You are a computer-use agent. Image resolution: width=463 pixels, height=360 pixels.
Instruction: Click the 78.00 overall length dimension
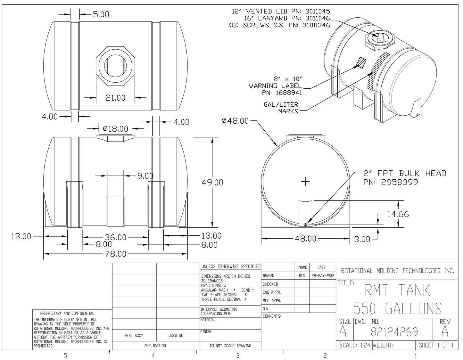coord(116,254)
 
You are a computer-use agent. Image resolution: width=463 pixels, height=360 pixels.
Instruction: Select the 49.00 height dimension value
coord(212,182)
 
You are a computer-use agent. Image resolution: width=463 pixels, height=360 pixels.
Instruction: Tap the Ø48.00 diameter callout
coord(235,121)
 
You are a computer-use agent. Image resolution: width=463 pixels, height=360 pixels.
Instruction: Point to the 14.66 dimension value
coord(398,214)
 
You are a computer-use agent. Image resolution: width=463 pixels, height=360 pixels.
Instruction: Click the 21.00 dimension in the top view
coord(115,98)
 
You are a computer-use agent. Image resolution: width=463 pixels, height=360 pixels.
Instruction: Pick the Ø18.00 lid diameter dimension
coord(115,129)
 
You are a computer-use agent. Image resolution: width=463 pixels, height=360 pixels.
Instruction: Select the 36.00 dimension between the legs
coord(116,237)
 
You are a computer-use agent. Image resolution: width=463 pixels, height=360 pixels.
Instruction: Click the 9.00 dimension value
coord(145,176)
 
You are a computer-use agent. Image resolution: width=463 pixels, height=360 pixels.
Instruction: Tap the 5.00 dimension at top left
coord(101,14)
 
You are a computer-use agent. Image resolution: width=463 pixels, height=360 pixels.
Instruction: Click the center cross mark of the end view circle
coord(306,182)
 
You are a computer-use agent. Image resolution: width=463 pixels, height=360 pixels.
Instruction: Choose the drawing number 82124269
coord(394,332)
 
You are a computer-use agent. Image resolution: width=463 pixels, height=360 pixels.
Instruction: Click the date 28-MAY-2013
coord(322,276)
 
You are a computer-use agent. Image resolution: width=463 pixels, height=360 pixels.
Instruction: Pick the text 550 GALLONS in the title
coord(397,308)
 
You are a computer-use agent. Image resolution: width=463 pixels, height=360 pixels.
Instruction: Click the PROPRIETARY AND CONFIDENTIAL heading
coord(67,313)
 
